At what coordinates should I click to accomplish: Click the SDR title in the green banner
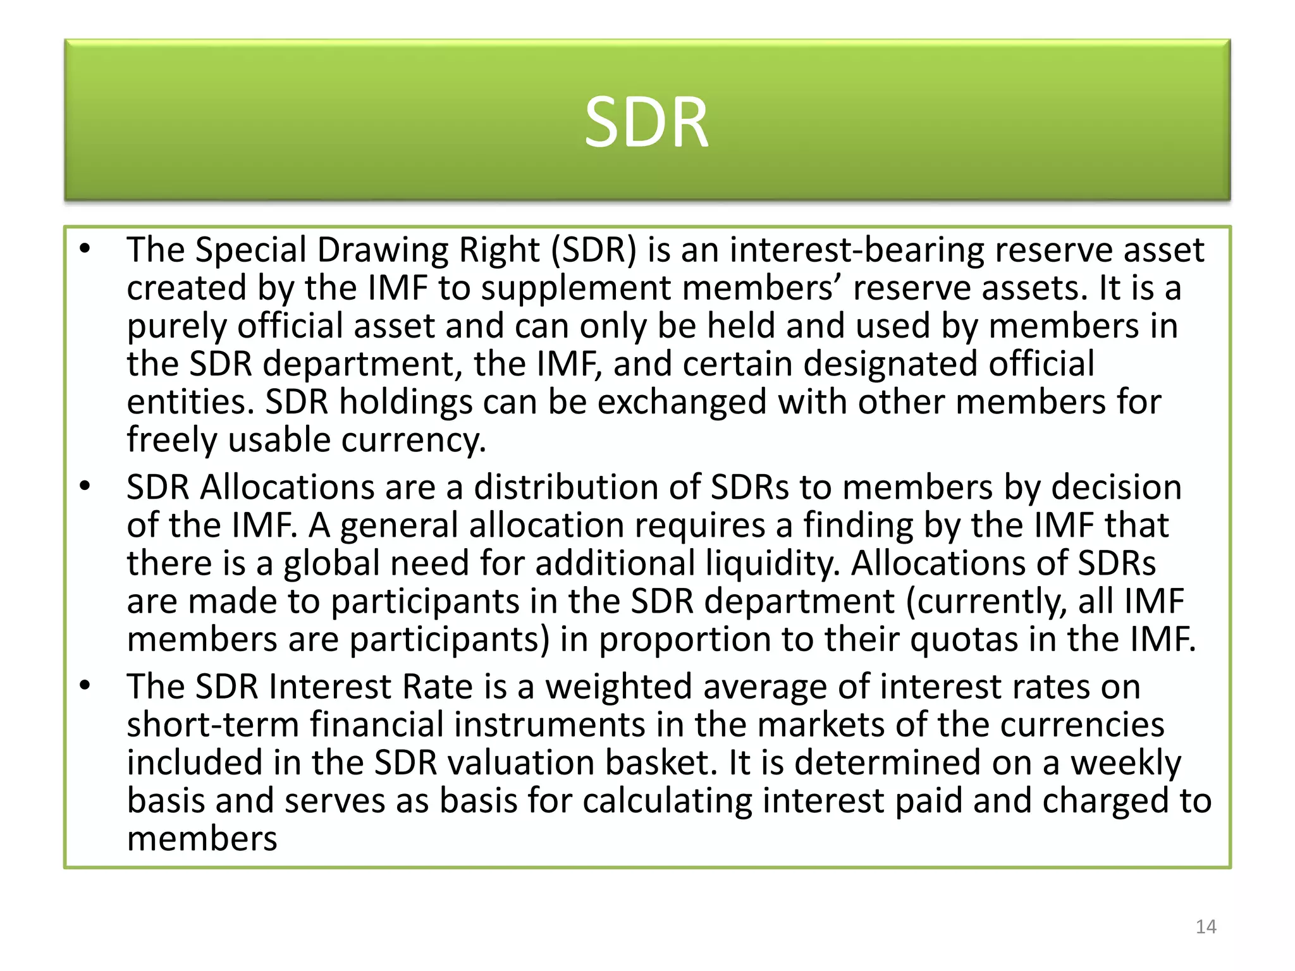tap(646, 123)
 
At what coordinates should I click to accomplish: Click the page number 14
tap(1206, 927)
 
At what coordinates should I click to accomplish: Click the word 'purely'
tap(176, 327)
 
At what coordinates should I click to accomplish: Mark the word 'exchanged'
tap(682, 402)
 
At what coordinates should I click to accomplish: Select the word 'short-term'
tap(212, 724)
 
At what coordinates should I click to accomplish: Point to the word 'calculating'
tap(667, 801)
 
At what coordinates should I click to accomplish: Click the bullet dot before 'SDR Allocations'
tap(85, 486)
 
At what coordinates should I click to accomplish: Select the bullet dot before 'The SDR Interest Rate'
tap(85, 685)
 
